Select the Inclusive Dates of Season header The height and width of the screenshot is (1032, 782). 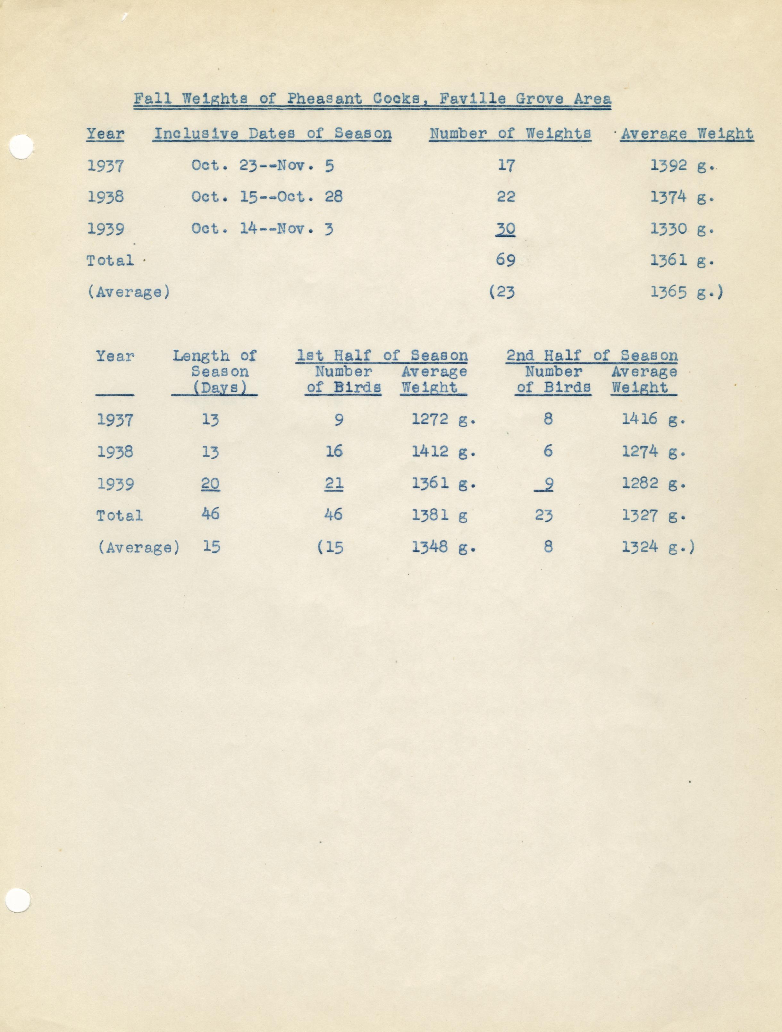(x=273, y=134)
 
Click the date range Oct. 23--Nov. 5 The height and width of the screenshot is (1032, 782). (x=263, y=166)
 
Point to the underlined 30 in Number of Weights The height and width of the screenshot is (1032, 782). (x=506, y=229)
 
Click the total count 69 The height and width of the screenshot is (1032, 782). (x=506, y=260)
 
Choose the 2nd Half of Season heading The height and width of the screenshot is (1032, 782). (x=592, y=355)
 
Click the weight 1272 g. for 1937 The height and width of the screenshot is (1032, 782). (x=443, y=419)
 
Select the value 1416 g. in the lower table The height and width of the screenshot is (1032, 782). (x=653, y=419)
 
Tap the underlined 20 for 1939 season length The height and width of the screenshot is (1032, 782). (x=210, y=484)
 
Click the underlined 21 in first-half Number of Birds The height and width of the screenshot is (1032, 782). (x=334, y=484)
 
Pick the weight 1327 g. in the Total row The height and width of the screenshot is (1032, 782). (x=653, y=515)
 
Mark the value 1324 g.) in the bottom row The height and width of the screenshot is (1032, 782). (x=658, y=546)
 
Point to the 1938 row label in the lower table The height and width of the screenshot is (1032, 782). (x=115, y=452)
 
